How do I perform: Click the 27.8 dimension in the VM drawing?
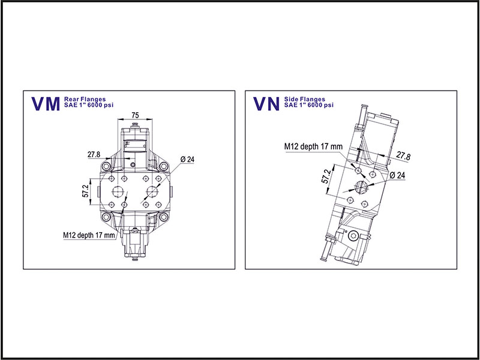(94, 155)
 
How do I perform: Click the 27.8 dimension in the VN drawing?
(404, 157)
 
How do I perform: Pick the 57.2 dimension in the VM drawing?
(86, 191)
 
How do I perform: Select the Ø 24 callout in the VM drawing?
(187, 160)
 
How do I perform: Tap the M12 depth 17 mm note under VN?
(313, 146)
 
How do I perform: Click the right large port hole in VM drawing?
(152, 192)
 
